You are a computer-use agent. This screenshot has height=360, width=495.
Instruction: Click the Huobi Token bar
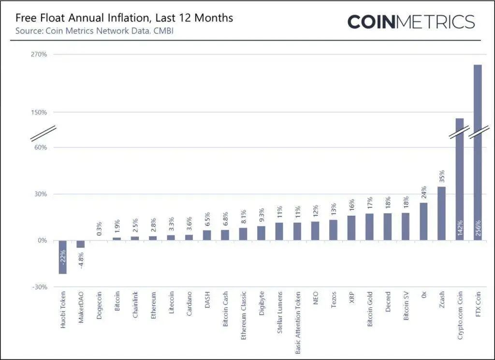[x=63, y=257]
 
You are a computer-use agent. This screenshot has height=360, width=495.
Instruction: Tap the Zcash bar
[x=442, y=214]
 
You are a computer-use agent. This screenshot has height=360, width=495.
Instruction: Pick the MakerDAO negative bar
[x=81, y=244]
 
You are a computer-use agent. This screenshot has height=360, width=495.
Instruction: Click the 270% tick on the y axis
[x=39, y=54]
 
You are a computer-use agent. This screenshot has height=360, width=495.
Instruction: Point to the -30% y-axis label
[x=40, y=287]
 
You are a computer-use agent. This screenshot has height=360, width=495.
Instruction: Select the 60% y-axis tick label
[x=41, y=147]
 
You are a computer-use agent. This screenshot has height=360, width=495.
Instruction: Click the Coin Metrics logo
[x=411, y=22]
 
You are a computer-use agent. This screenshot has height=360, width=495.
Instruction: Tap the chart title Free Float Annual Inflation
[x=124, y=18]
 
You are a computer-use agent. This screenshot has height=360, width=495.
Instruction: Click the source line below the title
[x=94, y=31]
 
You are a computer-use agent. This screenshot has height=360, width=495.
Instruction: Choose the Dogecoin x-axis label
[x=99, y=305]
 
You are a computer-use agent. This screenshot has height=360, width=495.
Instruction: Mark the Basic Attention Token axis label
[x=298, y=322]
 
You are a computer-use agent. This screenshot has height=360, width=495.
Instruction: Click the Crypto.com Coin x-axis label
[x=460, y=316]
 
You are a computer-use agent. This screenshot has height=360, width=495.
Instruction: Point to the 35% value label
[x=442, y=176]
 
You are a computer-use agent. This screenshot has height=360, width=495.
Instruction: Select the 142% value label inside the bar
[x=460, y=227]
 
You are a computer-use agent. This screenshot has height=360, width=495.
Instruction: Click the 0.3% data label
[x=99, y=229]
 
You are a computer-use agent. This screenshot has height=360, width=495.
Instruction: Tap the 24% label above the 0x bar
[x=423, y=192]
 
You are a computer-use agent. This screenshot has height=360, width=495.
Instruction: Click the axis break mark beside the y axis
[x=44, y=133]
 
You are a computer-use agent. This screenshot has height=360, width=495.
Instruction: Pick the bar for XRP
[x=351, y=228]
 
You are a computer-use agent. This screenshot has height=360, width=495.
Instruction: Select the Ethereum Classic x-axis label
[x=244, y=316]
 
